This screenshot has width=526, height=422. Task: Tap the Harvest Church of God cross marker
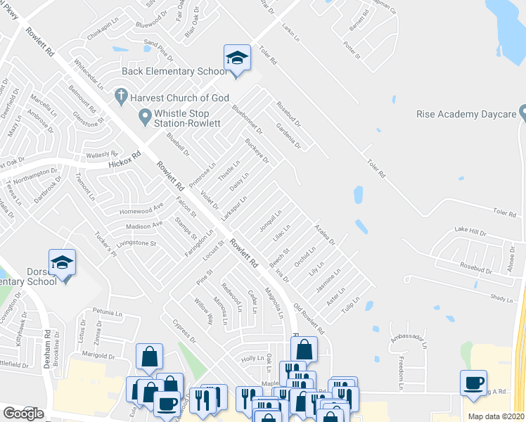pos(121,95)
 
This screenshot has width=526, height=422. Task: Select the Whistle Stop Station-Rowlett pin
pos(146,115)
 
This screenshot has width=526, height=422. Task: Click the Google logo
pos(23,414)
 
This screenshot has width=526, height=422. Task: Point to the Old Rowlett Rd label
pos(309,319)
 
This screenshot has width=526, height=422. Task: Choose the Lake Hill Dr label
pos(470,230)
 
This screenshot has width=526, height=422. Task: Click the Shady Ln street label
pos(501,298)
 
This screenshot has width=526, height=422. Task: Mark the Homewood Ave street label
pos(143,206)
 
